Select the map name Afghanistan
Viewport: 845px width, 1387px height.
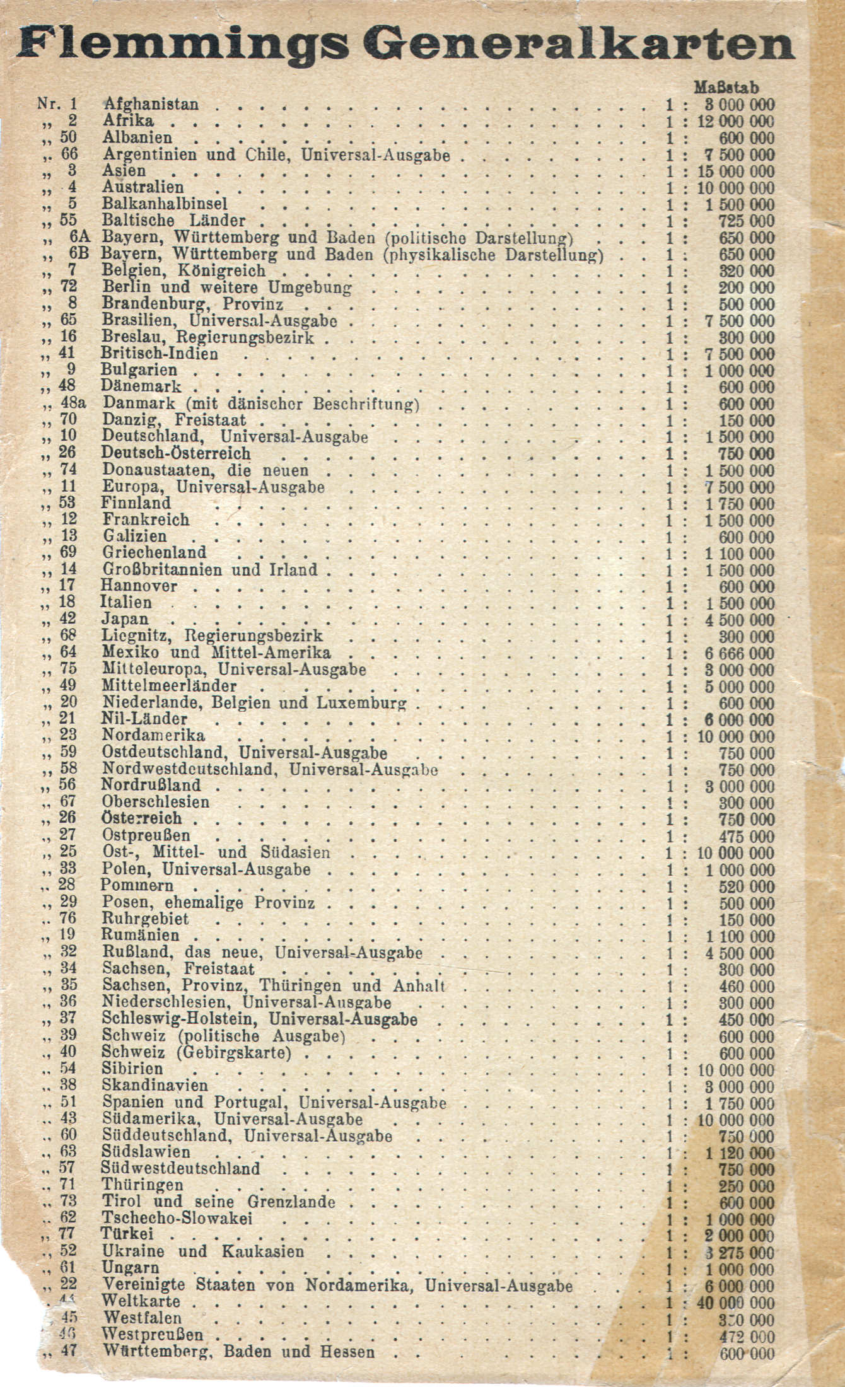pyautogui.click(x=151, y=104)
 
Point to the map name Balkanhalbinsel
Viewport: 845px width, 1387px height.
pyautogui.click(x=165, y=204)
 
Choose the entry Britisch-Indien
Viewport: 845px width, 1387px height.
pyautogui.click(x=160, y=354)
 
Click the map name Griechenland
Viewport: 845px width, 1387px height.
pyautogui.click(x=154, y=552)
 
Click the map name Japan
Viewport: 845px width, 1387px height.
pyautogui.click(x=125, y=619)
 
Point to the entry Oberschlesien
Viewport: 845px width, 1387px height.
pyautogui.click(x=155, y=802)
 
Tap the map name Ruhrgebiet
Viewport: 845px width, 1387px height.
pyautogui.click(x=145, y=919)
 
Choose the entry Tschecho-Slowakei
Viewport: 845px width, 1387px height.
pyautogui.click(x=177, y=1217)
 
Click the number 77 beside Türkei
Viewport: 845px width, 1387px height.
pyautogui.click(x=68, y=1234)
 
